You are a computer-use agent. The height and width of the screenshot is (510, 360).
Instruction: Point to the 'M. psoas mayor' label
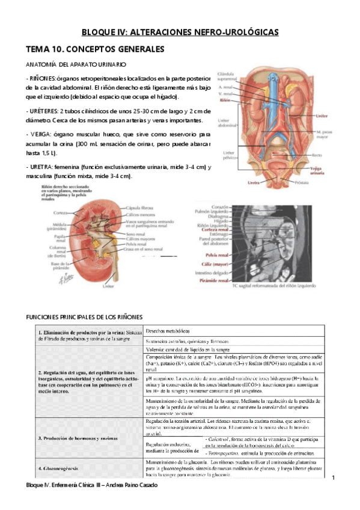tap(340, 135)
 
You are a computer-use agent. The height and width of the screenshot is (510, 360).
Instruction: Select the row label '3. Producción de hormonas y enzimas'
tap(78, 438)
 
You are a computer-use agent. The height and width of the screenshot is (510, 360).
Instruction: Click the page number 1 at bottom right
tap(334, 478)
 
